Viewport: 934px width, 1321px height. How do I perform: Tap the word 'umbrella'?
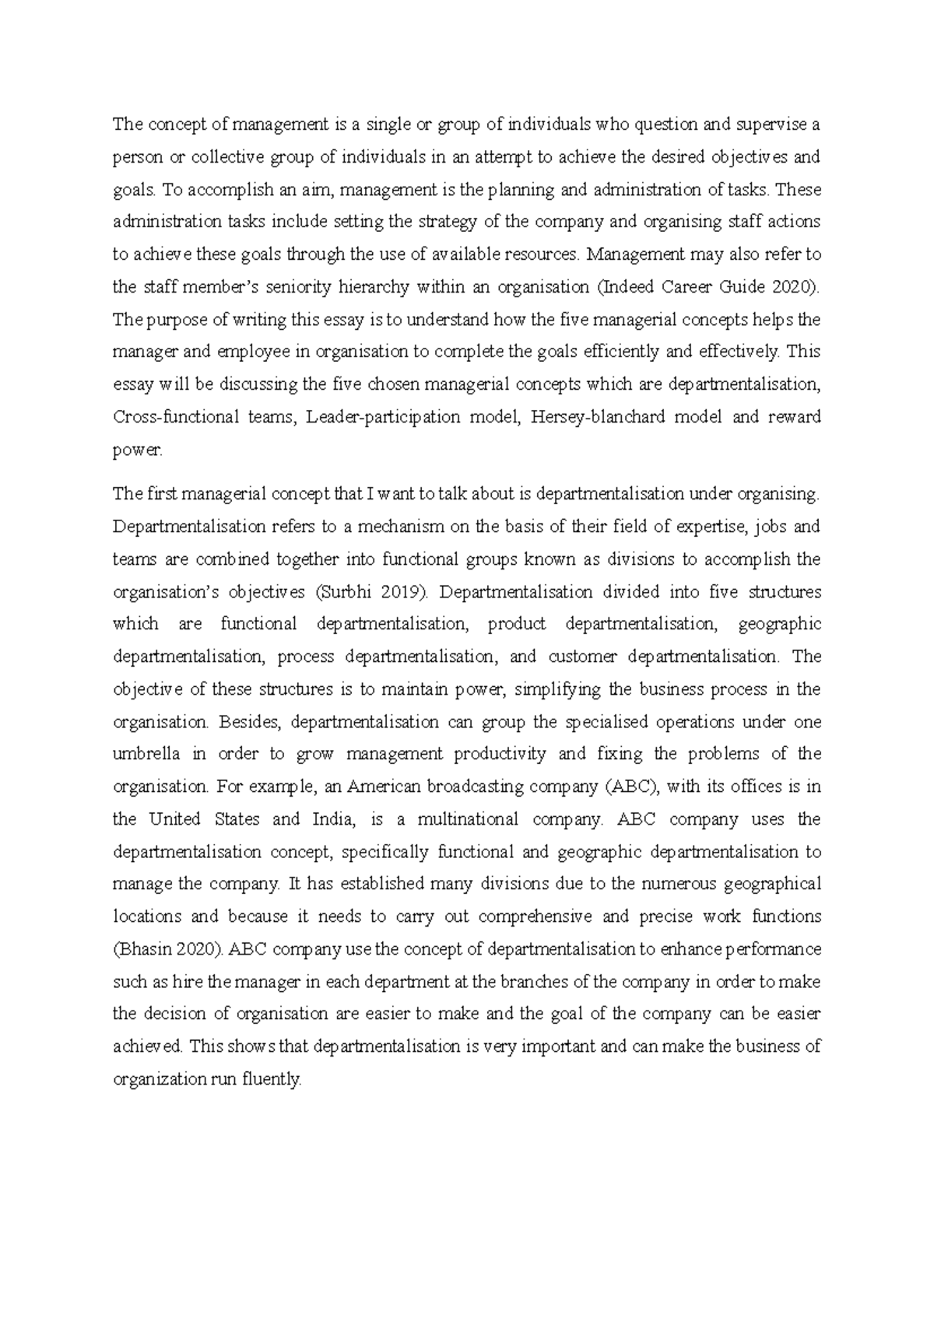(146, 754)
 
